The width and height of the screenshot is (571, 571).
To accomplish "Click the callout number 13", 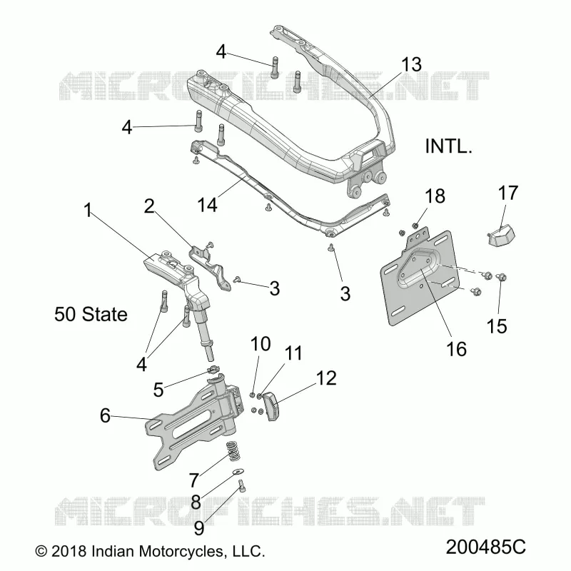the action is tap(411, 64).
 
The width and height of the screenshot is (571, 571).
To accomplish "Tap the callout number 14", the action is tap(207, 204).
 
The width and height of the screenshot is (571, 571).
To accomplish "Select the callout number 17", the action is tap(508, 193).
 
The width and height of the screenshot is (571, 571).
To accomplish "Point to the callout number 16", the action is tap(456, 349).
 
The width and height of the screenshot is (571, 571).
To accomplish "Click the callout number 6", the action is tap(105, 415).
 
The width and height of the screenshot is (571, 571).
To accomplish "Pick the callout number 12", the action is tap(326, 378).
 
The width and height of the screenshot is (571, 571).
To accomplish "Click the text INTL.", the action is tap(448, 146).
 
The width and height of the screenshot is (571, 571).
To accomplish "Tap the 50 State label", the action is tap(91, 314).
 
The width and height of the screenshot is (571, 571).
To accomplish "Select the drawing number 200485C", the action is tap(486, 547).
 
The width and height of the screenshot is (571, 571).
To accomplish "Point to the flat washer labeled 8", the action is tap(238, 472).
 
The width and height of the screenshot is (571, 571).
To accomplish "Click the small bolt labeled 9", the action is tap(242, 486).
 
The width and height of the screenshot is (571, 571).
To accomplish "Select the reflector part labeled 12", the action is tap(273, 405).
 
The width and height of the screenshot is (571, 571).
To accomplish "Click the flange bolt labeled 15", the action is tap(502, 278).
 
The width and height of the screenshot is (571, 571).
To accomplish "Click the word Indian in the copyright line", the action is tap(113, 551).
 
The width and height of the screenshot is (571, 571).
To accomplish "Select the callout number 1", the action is tap(87, 210).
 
